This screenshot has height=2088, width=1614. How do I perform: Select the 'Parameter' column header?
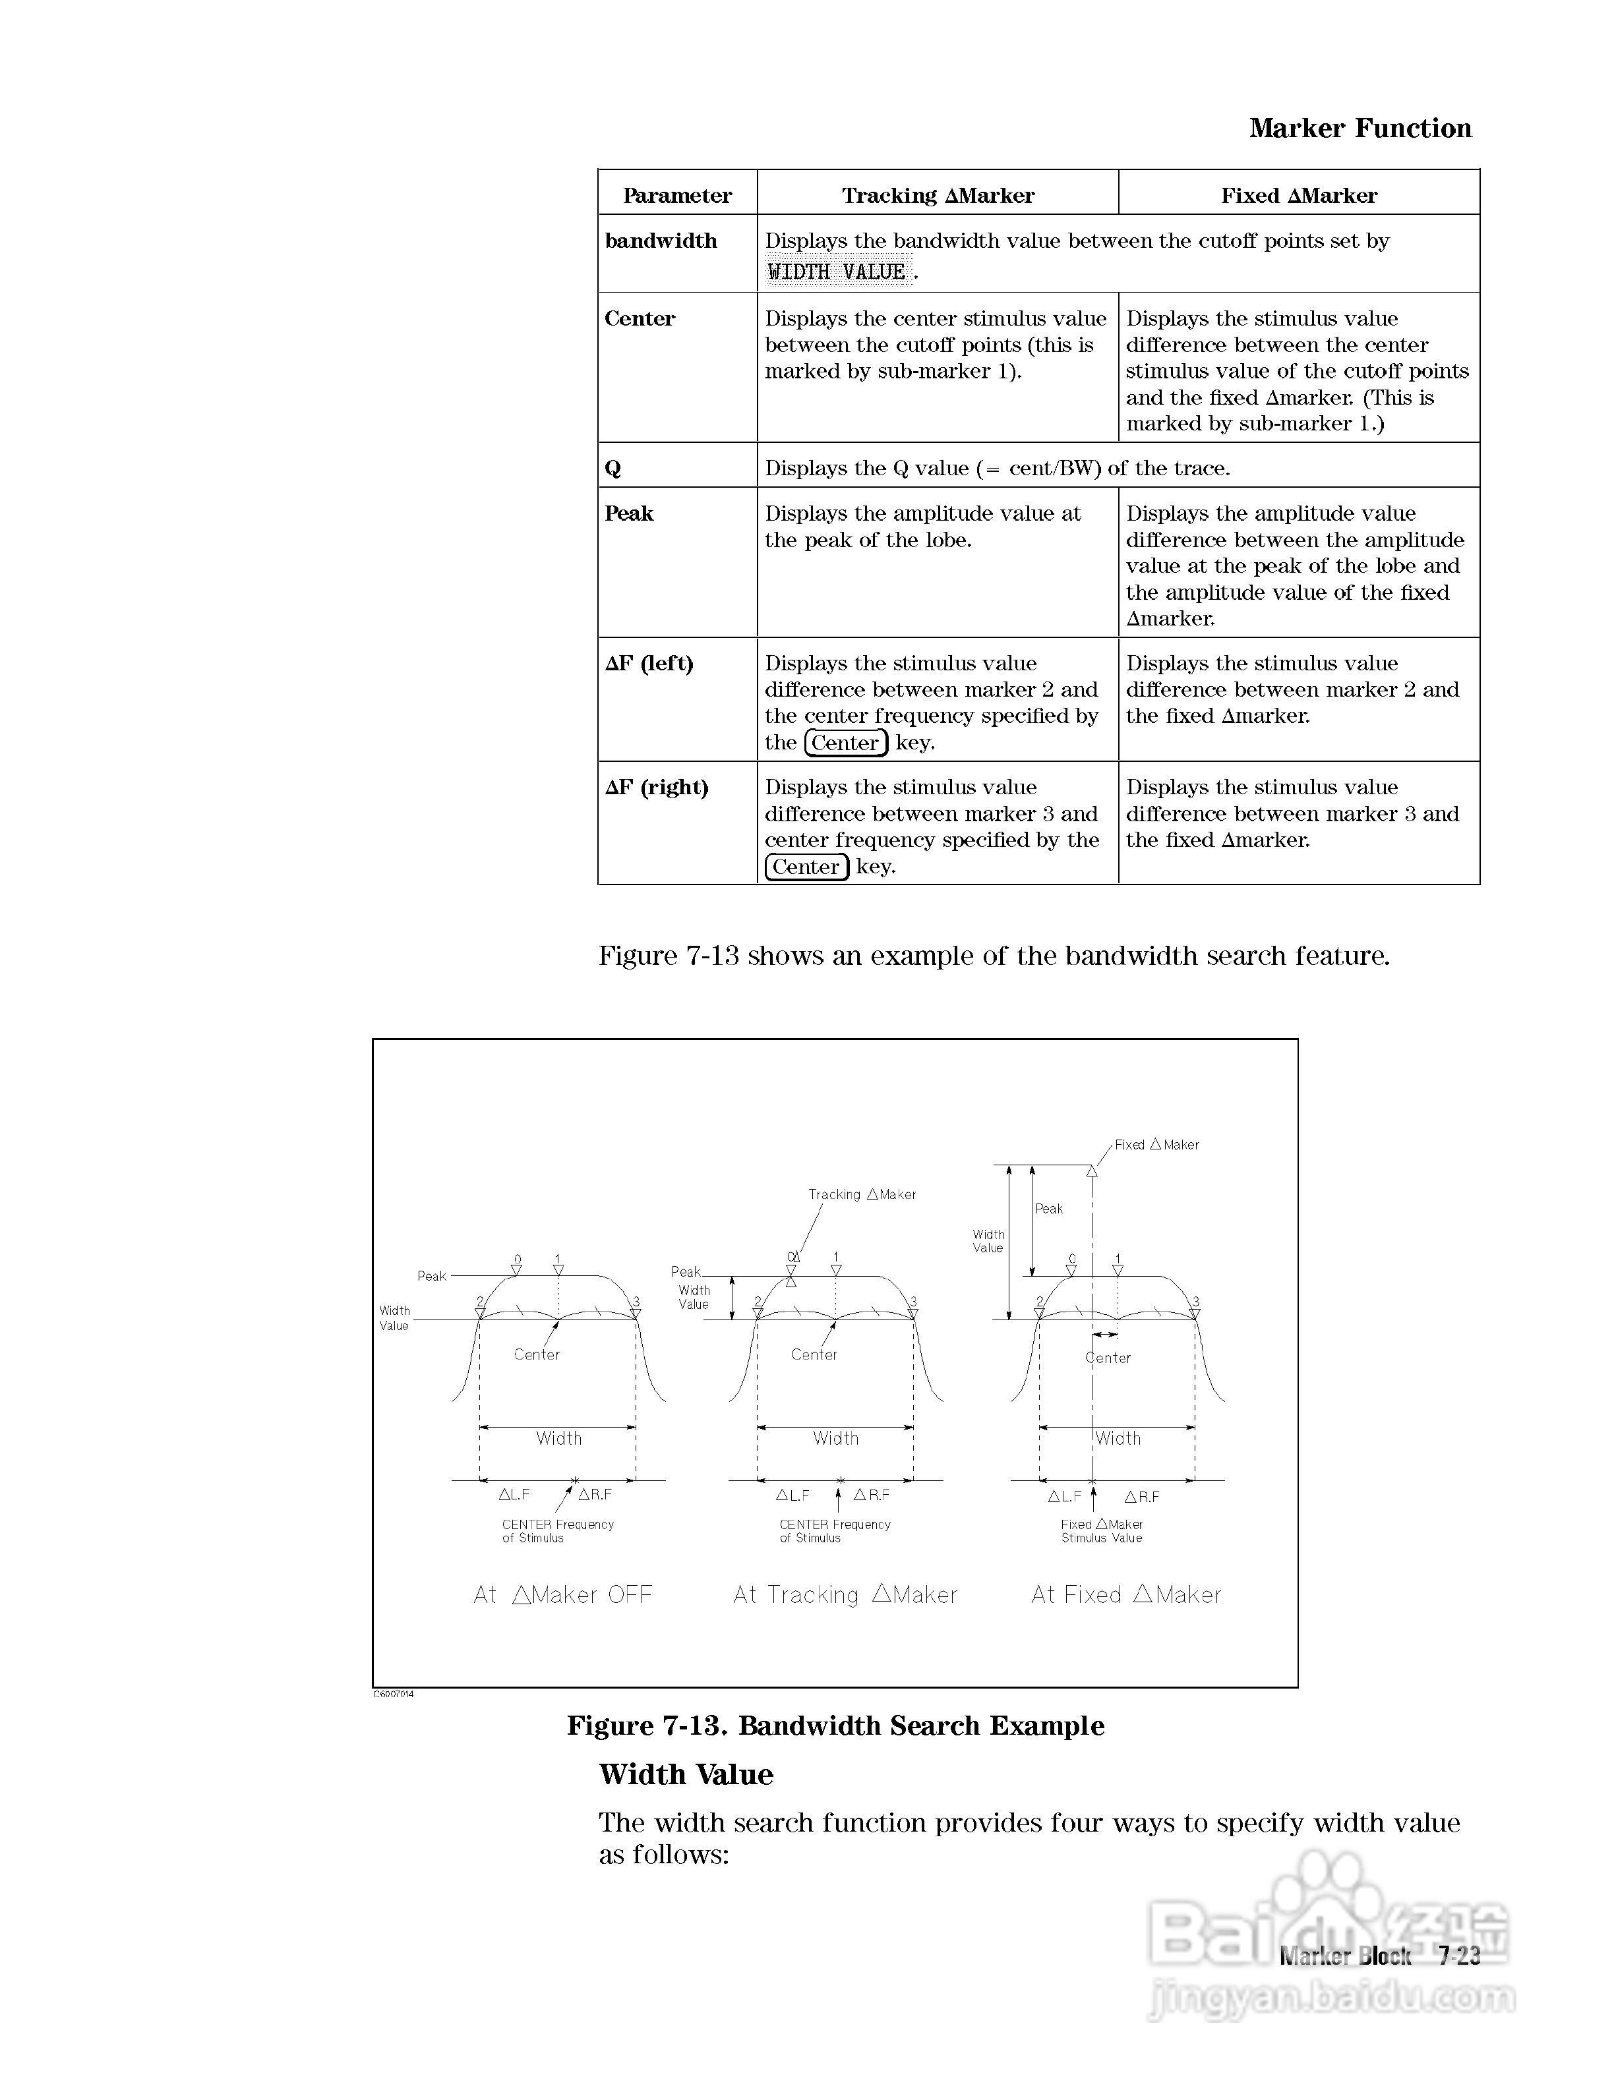click(x=677, y=195)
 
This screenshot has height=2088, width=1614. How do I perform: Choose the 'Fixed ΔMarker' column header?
click(x=1298, y=195)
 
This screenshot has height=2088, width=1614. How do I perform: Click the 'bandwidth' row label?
click(x=661, y=241)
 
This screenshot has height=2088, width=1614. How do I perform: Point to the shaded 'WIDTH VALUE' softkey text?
click(x=837, y=272)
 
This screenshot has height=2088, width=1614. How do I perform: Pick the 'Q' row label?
click(x=613, y=469)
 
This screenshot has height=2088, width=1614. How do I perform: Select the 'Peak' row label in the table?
click(x=629, y=513)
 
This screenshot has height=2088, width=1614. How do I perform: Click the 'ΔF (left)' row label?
click(x=649, y=664)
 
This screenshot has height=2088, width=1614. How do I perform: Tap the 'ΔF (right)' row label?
click(x=656, y=788)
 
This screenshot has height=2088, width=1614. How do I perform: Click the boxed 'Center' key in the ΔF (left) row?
click(x=845, y=743)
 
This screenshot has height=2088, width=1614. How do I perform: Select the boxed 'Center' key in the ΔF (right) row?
click(x=806, y=867)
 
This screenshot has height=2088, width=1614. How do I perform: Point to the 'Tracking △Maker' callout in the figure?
click(x=862, y=1194)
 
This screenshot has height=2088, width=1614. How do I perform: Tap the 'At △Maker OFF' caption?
click(x=563, y=1595)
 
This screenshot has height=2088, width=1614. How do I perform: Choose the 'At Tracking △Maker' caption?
click(x=845, y=1595)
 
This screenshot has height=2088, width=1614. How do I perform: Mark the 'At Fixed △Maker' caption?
click(x=1126, y=1595)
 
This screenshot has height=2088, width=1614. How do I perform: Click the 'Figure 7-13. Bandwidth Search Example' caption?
click(x=836, y=1725)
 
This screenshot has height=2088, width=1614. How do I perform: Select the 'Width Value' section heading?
click(x=686, y=1774)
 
